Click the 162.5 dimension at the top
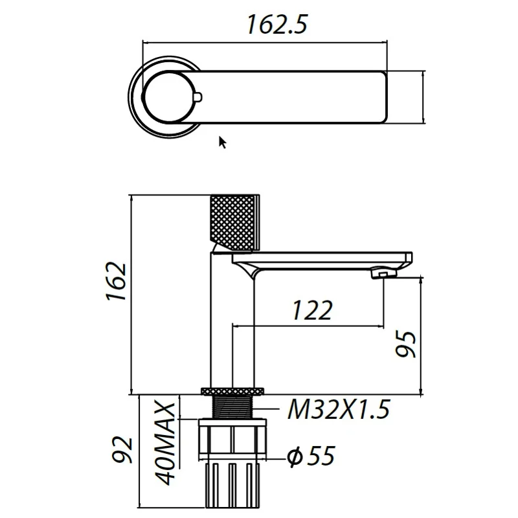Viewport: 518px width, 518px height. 276,25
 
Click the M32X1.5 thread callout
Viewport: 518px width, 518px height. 339,410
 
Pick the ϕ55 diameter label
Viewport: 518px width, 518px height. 311,456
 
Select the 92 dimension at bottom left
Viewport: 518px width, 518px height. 123,450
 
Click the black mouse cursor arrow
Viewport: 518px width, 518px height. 222,142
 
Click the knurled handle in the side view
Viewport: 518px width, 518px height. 235,221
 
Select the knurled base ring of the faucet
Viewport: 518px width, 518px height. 234,390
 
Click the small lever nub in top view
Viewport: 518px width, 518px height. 198,98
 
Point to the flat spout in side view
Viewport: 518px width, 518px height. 324,259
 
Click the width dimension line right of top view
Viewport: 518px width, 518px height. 423,97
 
